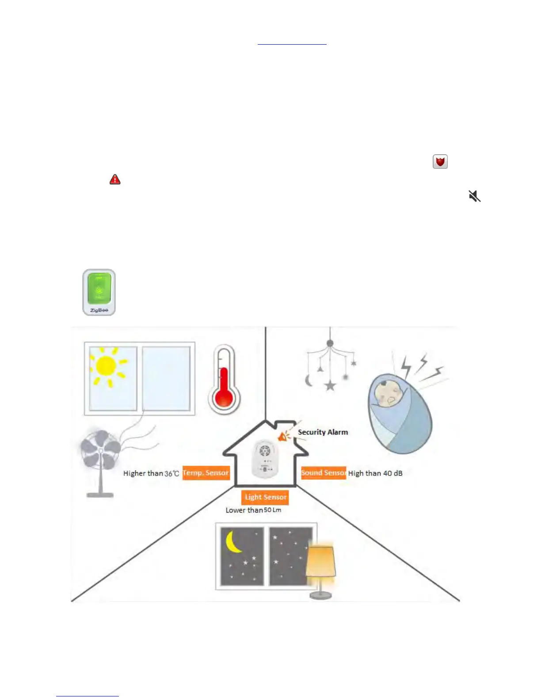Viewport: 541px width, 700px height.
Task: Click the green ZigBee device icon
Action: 99,292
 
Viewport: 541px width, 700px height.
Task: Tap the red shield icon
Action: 440,162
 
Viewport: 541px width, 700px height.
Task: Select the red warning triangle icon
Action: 115,179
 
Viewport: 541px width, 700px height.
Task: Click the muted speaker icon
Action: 474,196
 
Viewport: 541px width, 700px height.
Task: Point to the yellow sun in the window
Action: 106,366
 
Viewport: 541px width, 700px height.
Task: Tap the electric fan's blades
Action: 101,450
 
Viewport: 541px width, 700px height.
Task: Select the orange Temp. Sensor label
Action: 206,473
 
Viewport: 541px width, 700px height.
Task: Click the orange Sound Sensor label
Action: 324,473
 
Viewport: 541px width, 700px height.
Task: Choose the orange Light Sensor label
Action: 265,497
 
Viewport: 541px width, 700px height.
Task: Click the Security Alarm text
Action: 323,432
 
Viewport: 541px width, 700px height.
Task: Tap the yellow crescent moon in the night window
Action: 233,542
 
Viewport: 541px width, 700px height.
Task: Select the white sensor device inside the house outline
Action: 265,458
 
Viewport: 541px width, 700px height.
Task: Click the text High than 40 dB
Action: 375,473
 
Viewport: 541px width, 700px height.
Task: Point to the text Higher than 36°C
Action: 151,473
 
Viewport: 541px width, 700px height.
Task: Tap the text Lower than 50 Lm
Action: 253,510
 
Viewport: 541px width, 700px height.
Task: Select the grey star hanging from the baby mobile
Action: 330,385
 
